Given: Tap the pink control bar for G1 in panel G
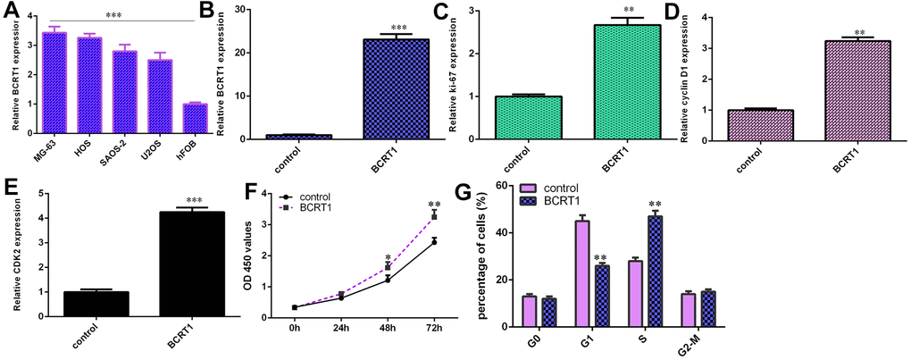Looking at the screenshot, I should [581, 267].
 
